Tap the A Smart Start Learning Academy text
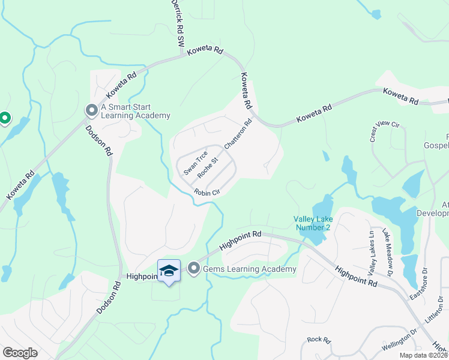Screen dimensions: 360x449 pos(136,112)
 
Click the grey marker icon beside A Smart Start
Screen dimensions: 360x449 pos(91,110)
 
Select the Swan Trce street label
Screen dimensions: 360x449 pos(196,163)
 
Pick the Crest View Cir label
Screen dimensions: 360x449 pos(385,131)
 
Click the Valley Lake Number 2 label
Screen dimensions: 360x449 pos(312,223)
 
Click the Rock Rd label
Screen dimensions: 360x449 pos(319,340)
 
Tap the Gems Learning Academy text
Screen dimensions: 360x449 pos(249,269)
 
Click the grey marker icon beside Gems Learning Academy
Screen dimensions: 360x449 pos(193,268)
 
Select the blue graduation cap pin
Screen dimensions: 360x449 pos(169,271)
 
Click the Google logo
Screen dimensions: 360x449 pos(20,353)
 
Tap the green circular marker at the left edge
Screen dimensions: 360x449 pos(4,118)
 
